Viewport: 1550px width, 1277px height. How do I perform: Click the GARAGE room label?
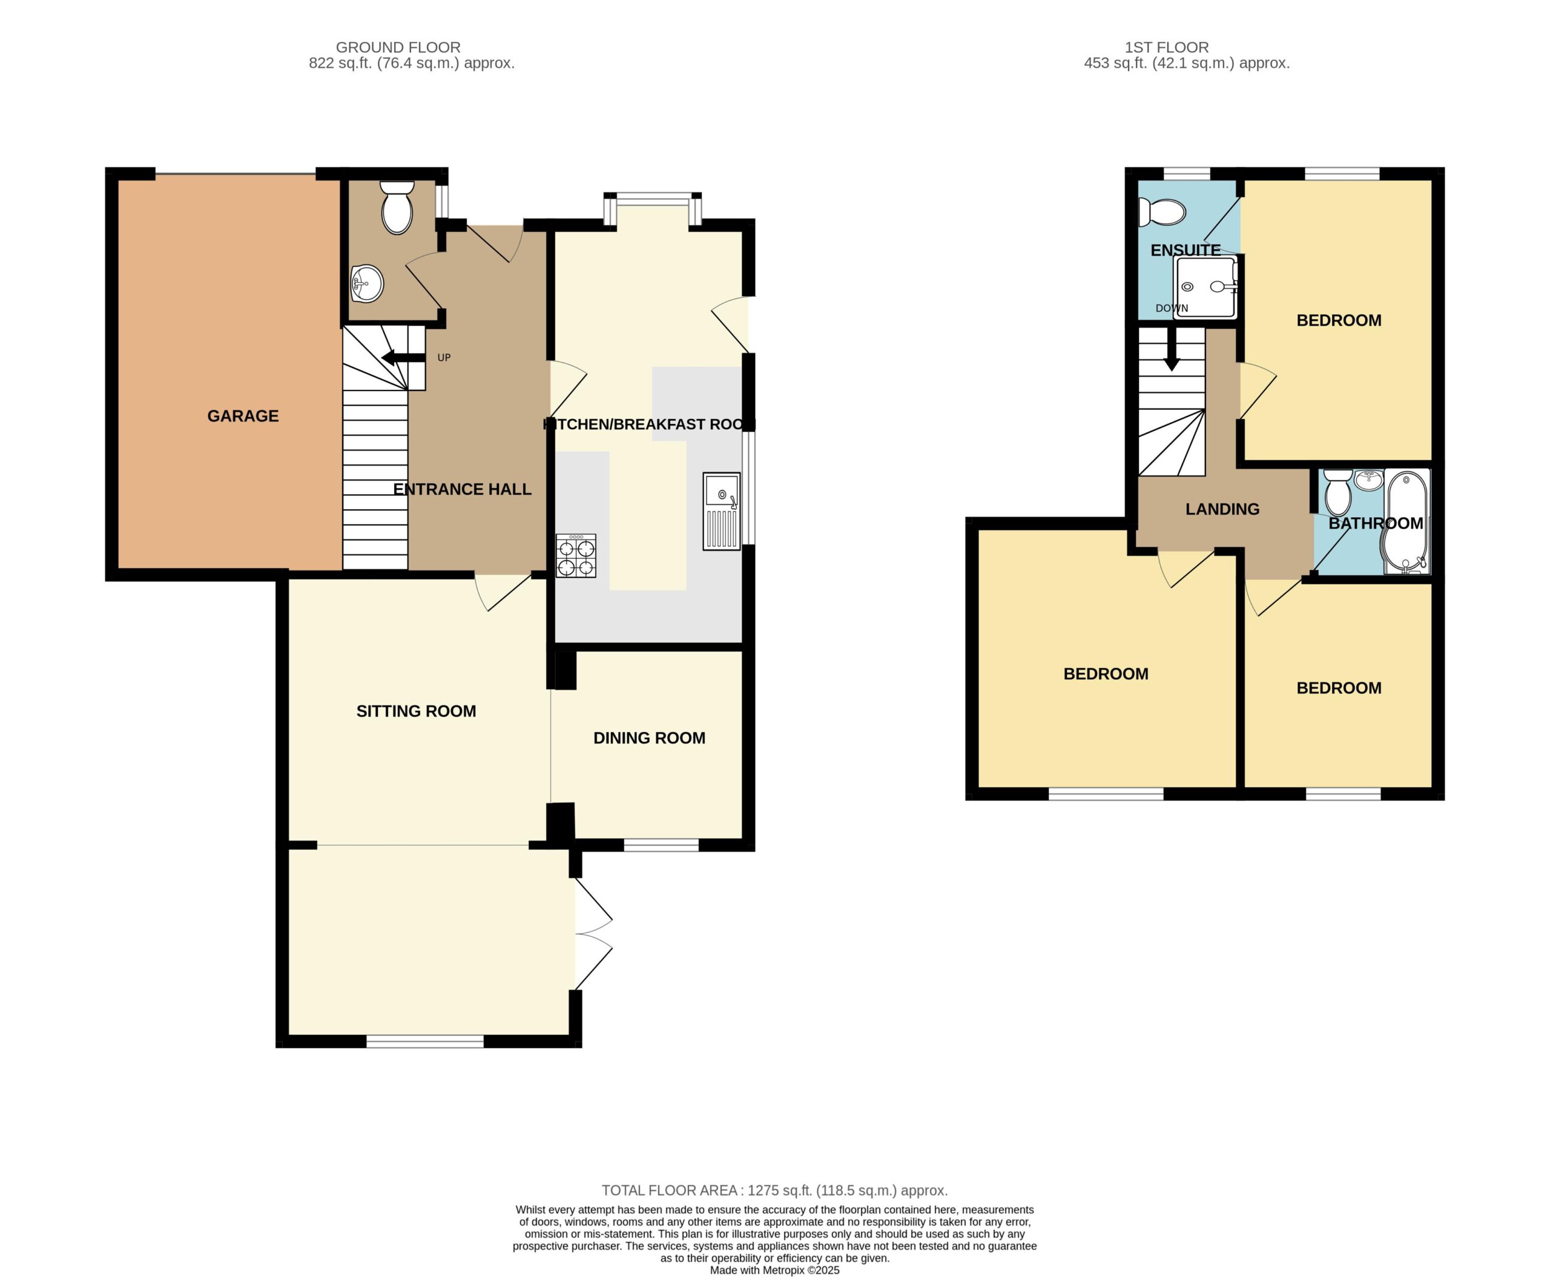point(243,417)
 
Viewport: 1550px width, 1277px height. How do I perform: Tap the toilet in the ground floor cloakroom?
point(397,208)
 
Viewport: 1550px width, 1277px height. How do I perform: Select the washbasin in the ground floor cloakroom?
point(367,283)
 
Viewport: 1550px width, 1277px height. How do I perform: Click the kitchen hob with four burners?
point(576,556)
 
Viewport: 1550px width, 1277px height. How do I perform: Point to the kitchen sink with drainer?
point(722,511)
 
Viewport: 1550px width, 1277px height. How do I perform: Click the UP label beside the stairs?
point(444,357)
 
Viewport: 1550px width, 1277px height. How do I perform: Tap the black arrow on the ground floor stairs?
point(403,357)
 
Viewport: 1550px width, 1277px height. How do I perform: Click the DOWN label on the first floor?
point(1171,308)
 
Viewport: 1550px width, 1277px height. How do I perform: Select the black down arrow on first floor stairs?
point(1171,349)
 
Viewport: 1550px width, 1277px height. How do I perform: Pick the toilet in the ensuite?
point(1161,213)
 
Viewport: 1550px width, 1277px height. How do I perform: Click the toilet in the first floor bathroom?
point(1337,493)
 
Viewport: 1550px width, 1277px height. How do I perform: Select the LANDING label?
point(1222,509)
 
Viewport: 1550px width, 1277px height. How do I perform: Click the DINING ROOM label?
point(649,738)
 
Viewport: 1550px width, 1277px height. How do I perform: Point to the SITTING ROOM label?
point(415,711)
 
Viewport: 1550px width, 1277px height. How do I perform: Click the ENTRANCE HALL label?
point(462,489)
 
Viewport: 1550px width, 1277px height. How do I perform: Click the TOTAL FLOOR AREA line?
point(774,1190)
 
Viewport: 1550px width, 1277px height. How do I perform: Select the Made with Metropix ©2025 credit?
point(774,1270)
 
